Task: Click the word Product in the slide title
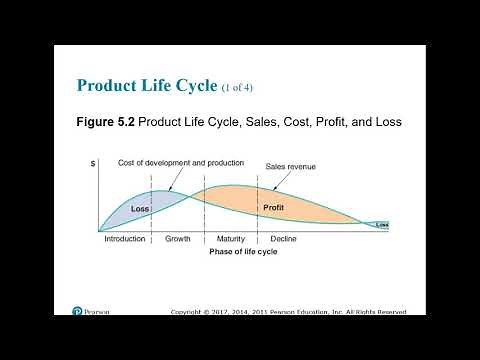coord(107,84)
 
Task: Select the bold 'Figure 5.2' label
coord(106,123)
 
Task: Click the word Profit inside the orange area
coord(274,207)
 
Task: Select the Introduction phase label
coord(125,240)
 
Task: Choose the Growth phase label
coord(178,240)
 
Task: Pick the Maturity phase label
coord(231,240)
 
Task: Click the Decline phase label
coord(283,240)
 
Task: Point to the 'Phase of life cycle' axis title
coord(243,252)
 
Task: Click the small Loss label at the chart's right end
coord(382,225)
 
